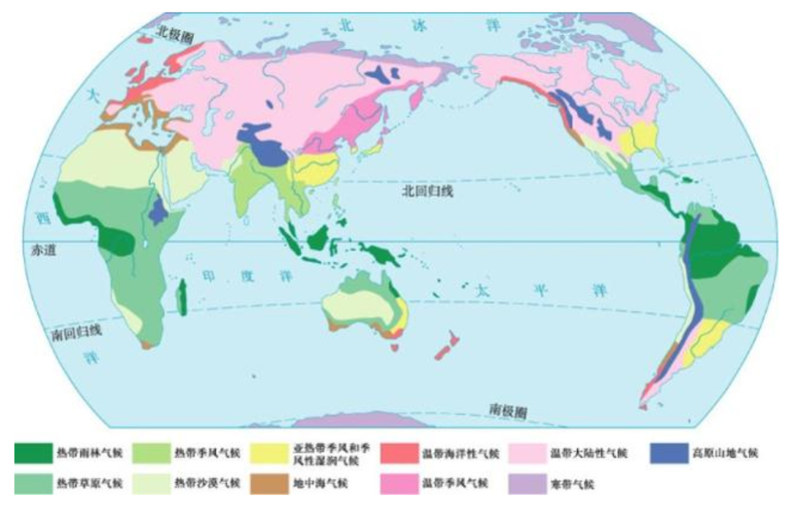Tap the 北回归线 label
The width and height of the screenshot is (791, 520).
click(x=428, y=192)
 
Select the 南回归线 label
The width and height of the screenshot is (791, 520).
click(x=76, y=332)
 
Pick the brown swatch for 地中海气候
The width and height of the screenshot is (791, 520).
click(x=269, y=484)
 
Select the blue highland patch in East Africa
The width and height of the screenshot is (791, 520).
click(x=156, y=211)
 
